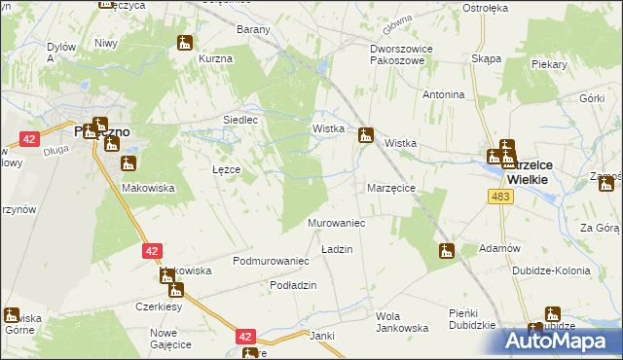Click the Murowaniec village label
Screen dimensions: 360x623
click(x=336, y=223)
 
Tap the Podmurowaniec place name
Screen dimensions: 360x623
click(x=271, y=261)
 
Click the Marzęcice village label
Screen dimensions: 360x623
click(x=391, y=187)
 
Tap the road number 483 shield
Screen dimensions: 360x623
click(x=500, y=197)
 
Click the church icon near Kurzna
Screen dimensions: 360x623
click(x=185, y=43)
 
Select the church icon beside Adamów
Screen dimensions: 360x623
click(x=446, y=251)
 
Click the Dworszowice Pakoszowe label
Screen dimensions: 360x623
click(x=400, y=53)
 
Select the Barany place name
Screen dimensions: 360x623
click(x=253, y=29)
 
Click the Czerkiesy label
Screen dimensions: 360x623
click(x=160, y=306)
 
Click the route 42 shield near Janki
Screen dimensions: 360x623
click(x=245, y=337)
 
